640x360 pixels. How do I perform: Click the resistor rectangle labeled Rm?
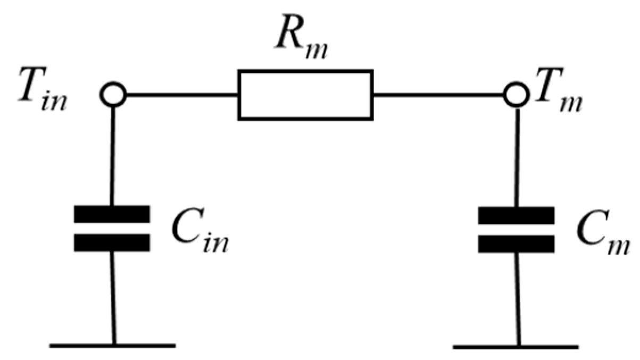point(305,95)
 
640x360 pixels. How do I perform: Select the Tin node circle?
point(113,95)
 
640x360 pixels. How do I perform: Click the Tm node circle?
point(516,95)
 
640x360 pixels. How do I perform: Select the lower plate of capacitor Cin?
point(112,242)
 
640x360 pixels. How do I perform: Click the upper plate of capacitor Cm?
point(517,214)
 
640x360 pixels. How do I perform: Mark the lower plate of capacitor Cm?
point(517,243)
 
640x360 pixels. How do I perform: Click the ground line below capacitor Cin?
point(113,346)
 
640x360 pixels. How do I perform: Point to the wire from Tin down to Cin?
point(112,154)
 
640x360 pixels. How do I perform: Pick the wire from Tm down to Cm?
point(517,154)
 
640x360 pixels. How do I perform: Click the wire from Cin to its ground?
point(112,298)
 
